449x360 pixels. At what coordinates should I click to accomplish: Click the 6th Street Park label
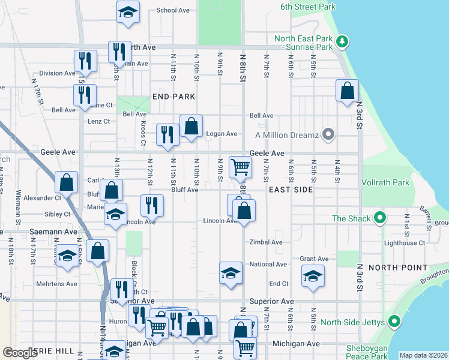[x=307, y=7]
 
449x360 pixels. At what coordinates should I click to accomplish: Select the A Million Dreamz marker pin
[x=328, y=134]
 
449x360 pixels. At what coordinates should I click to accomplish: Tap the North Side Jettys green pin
[x=394, y=322]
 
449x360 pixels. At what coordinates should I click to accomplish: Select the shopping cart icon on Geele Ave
[x=240, y=166]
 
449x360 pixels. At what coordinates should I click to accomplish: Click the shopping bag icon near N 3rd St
[x=348, y=91]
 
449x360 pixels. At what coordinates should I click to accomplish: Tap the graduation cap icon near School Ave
[x=127, y=12]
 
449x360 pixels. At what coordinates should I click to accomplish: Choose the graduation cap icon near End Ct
[x=312, y=277]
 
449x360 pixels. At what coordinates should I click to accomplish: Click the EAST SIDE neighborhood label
[x=291, y=190]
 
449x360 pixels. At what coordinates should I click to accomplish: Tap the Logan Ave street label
[x=222, y=134]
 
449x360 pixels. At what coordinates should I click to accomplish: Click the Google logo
[x=20, y=353]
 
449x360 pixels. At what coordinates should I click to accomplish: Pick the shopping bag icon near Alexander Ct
[x=66, y=182]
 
